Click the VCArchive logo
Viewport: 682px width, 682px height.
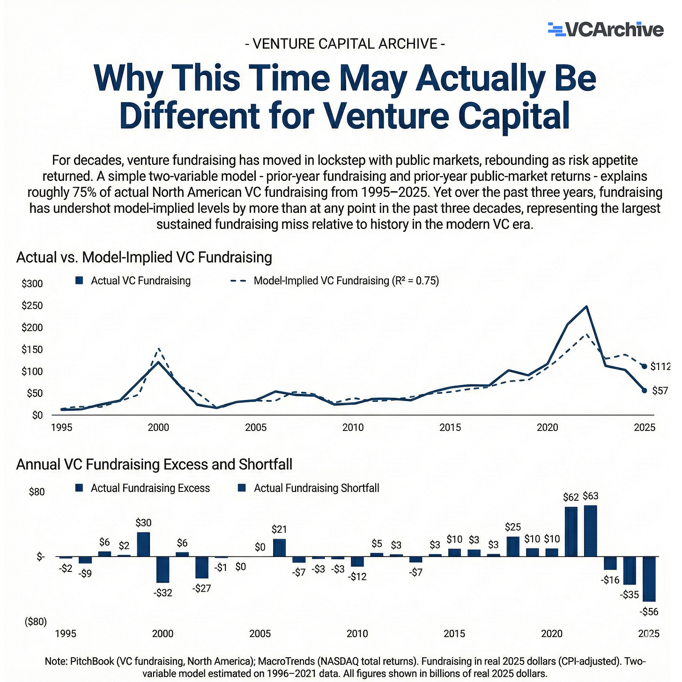tap(606, 30)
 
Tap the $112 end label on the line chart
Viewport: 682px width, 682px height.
tap(660, 366)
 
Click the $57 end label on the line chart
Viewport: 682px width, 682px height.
tap(660, 391)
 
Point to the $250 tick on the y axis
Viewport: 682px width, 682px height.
tap(32, 305)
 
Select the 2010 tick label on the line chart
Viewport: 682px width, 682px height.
tap(353, 428)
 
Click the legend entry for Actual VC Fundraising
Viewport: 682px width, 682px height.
tap(133, 281)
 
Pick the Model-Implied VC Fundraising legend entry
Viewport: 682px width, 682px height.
tap(334, 281)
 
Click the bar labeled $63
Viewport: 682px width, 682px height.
tap(590, 531)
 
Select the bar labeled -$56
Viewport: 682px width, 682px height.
tap(649, 579)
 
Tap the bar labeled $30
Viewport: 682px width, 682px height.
tap(143, 544)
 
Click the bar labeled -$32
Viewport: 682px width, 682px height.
tap(163, 570)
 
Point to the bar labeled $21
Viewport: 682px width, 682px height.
tap(279, 548)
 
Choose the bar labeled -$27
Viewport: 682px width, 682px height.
tap(202, 567)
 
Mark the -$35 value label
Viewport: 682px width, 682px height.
tap(630, 594)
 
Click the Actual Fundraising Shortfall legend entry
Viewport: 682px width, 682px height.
tap(308, 488)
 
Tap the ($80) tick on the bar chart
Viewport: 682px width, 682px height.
tap(36, 622)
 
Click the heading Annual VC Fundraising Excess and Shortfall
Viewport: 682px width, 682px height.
tap(154, 464)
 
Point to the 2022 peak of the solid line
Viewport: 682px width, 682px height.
tap(587, 306)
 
